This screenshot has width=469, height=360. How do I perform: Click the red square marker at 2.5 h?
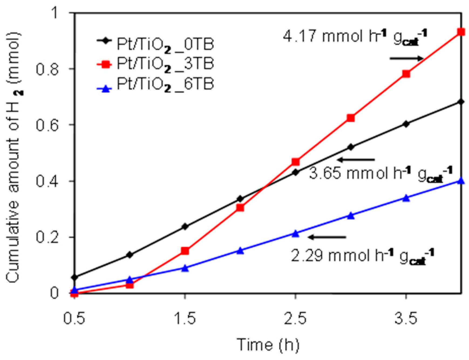tap(295, 162)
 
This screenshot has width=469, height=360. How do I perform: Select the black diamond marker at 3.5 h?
tap(406, 124)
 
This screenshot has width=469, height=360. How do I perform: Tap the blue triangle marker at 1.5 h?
tap(185, 268)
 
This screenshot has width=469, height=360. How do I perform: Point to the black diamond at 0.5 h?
tap(75, 277)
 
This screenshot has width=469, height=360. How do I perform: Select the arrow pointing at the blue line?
tap(327, 237)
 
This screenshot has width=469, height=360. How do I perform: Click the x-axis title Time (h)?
tap(268, 345)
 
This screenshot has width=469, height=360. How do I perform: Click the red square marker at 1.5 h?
tap(185, 251)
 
